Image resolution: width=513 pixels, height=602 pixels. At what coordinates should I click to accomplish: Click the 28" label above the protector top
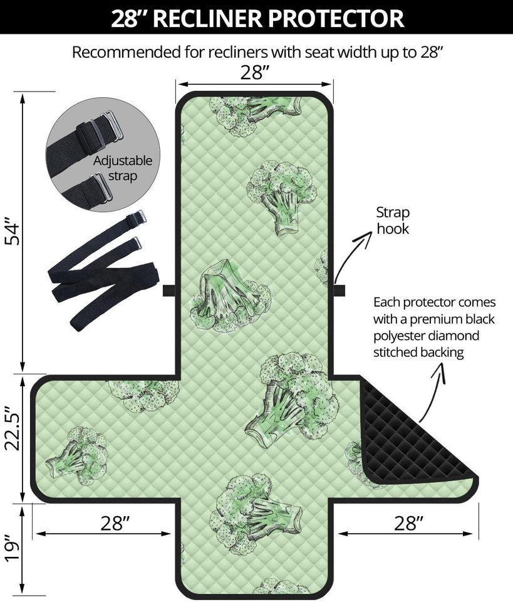point(255,73)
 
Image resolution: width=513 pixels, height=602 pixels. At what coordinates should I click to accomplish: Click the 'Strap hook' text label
point(393,220)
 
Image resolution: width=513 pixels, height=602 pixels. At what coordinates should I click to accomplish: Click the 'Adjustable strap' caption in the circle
point(123,168)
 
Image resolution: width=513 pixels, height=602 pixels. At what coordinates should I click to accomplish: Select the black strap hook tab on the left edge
point(168,290)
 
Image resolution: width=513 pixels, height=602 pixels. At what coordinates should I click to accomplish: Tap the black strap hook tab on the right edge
point(339,290)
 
